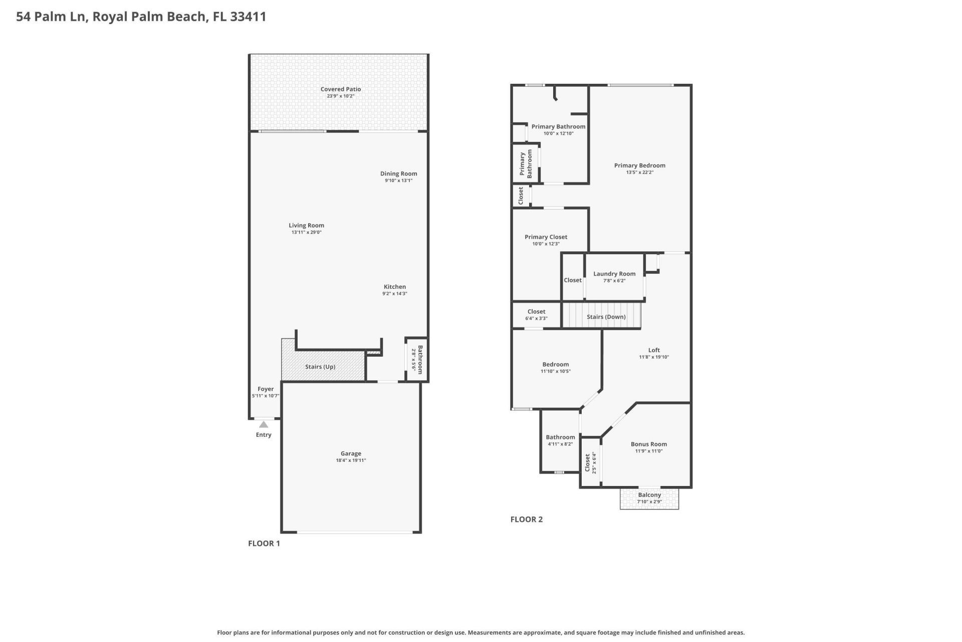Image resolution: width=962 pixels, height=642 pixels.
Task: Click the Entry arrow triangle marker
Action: coord(264,424)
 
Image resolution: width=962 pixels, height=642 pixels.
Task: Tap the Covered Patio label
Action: coord(341,89)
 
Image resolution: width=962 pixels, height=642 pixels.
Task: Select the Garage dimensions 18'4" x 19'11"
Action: coord(351,460)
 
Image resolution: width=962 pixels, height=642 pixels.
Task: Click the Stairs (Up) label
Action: coord(320,367)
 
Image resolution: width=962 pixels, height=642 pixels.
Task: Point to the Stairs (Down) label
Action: coord(606,317)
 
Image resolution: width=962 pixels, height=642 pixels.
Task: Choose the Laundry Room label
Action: coord(614,274)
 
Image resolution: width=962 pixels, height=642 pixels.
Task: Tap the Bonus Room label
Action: coord(648,444)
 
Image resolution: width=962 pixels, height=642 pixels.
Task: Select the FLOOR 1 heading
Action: coord(264,543)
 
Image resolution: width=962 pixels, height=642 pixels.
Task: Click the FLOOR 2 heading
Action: coord(526,519)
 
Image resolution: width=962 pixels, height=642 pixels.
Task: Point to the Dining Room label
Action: coord(398,174)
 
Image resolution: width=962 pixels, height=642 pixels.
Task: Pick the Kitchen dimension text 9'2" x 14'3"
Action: coord(395,294)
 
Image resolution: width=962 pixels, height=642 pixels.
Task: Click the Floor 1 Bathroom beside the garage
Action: coord(417,360)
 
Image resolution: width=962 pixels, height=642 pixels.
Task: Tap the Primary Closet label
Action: coord(546,237)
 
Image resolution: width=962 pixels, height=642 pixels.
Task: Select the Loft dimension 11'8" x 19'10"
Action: coord(654,357)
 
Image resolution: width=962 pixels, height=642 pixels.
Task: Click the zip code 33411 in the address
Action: coord(248,17)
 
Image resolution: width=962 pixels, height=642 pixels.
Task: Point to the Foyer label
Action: coord(266,389)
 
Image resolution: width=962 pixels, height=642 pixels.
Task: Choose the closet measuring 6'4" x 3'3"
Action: coord(536,314)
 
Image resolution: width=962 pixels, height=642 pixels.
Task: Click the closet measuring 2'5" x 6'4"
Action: coord(590,462)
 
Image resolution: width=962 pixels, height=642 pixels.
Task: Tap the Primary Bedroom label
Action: coord(639,165)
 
